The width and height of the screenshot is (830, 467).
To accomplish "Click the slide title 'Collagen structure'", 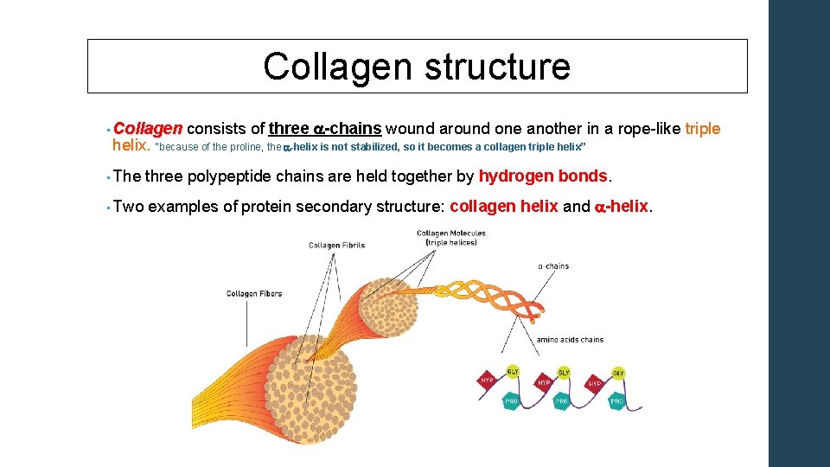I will click(417, 67).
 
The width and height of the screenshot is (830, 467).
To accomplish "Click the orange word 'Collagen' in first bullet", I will click(147, 129).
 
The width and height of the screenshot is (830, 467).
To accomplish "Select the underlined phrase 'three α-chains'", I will click(325, 129).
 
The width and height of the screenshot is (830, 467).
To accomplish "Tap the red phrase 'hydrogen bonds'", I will click(543, 176).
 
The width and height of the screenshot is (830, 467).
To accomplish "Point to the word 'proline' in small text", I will click(243, 147).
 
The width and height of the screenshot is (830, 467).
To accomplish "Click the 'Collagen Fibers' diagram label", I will click(254, 294).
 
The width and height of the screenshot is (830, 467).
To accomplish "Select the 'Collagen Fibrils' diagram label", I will click(336, 246).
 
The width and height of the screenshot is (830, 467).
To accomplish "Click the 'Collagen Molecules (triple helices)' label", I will click(450, 237).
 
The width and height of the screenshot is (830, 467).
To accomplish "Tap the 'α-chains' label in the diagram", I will click(553, 266).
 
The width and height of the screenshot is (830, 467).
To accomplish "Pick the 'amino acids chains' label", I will click(570, 340).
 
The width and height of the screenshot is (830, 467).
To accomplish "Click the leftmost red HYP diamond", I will click(487, 381).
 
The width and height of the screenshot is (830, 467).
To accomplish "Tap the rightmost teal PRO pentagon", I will click(616, 401).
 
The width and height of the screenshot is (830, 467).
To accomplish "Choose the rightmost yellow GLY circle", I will click(618, 374).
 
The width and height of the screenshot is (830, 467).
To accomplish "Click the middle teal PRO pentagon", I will click(561, 401).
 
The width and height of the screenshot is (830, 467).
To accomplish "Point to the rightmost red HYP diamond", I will click(594, 383).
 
